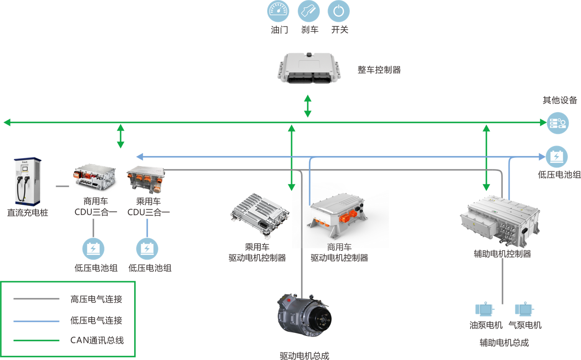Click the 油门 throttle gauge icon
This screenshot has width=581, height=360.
coord(278,11)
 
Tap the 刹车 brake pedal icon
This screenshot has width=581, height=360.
coord(309,11)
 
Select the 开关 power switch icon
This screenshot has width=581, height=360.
coord(339,11)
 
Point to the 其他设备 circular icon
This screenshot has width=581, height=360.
coord(558,123)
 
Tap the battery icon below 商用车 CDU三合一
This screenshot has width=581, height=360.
coord(93,249)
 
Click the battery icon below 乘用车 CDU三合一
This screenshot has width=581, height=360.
coord(147,249)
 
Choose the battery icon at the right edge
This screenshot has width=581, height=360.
coord(557,157)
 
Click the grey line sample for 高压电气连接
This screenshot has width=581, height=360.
coord(36,299)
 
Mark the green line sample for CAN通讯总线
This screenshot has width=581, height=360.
coord(36,340)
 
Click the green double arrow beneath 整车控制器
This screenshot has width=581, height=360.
coord(307,106)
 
